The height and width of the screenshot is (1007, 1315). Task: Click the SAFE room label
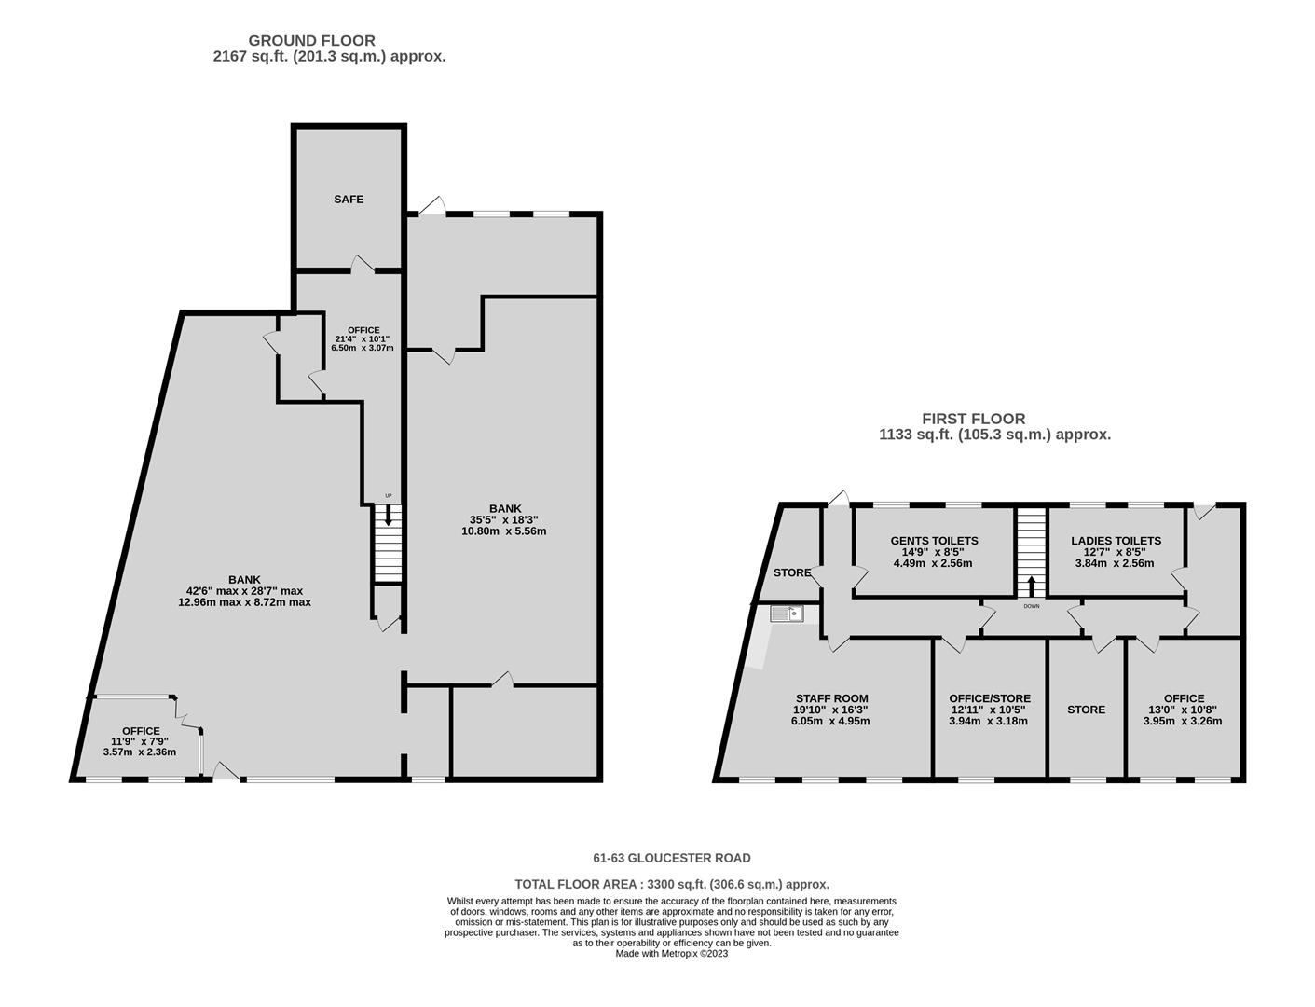click(x=348, y=199)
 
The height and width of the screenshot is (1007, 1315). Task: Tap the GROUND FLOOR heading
click(x=311, y=41)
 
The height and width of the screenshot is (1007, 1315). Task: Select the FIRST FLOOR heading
click(x=973, y=419)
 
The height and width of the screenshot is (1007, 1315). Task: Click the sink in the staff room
click(x=786, y=614)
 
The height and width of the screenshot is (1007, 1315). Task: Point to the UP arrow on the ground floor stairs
click(x=389, y=515)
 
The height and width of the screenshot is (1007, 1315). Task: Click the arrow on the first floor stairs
click(x=1032, y=586)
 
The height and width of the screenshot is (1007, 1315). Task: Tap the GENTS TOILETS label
click(x=934, y=541)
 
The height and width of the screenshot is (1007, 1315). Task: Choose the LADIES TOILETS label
click(x=1116, y=541)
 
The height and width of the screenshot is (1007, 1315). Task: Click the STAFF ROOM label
click(x=831, y=698)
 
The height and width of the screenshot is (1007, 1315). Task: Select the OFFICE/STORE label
click(x=990, y=698)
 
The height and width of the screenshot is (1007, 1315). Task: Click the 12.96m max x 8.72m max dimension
click(x=244, y=601)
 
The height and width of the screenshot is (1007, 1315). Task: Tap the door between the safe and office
click(x=363, y=265)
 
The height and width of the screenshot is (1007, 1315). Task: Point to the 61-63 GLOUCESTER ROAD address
click(x=672, y=858)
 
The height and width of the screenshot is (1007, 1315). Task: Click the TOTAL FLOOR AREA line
click(x=672, y=884)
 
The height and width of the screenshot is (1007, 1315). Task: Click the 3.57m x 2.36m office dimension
click(x=140, y=752)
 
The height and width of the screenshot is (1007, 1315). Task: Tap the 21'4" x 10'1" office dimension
click(x=363, y=338)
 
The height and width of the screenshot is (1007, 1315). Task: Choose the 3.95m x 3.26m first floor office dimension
click(x=1183, y=721)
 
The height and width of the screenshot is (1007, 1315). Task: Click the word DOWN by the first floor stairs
click(x=1032, y=606)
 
